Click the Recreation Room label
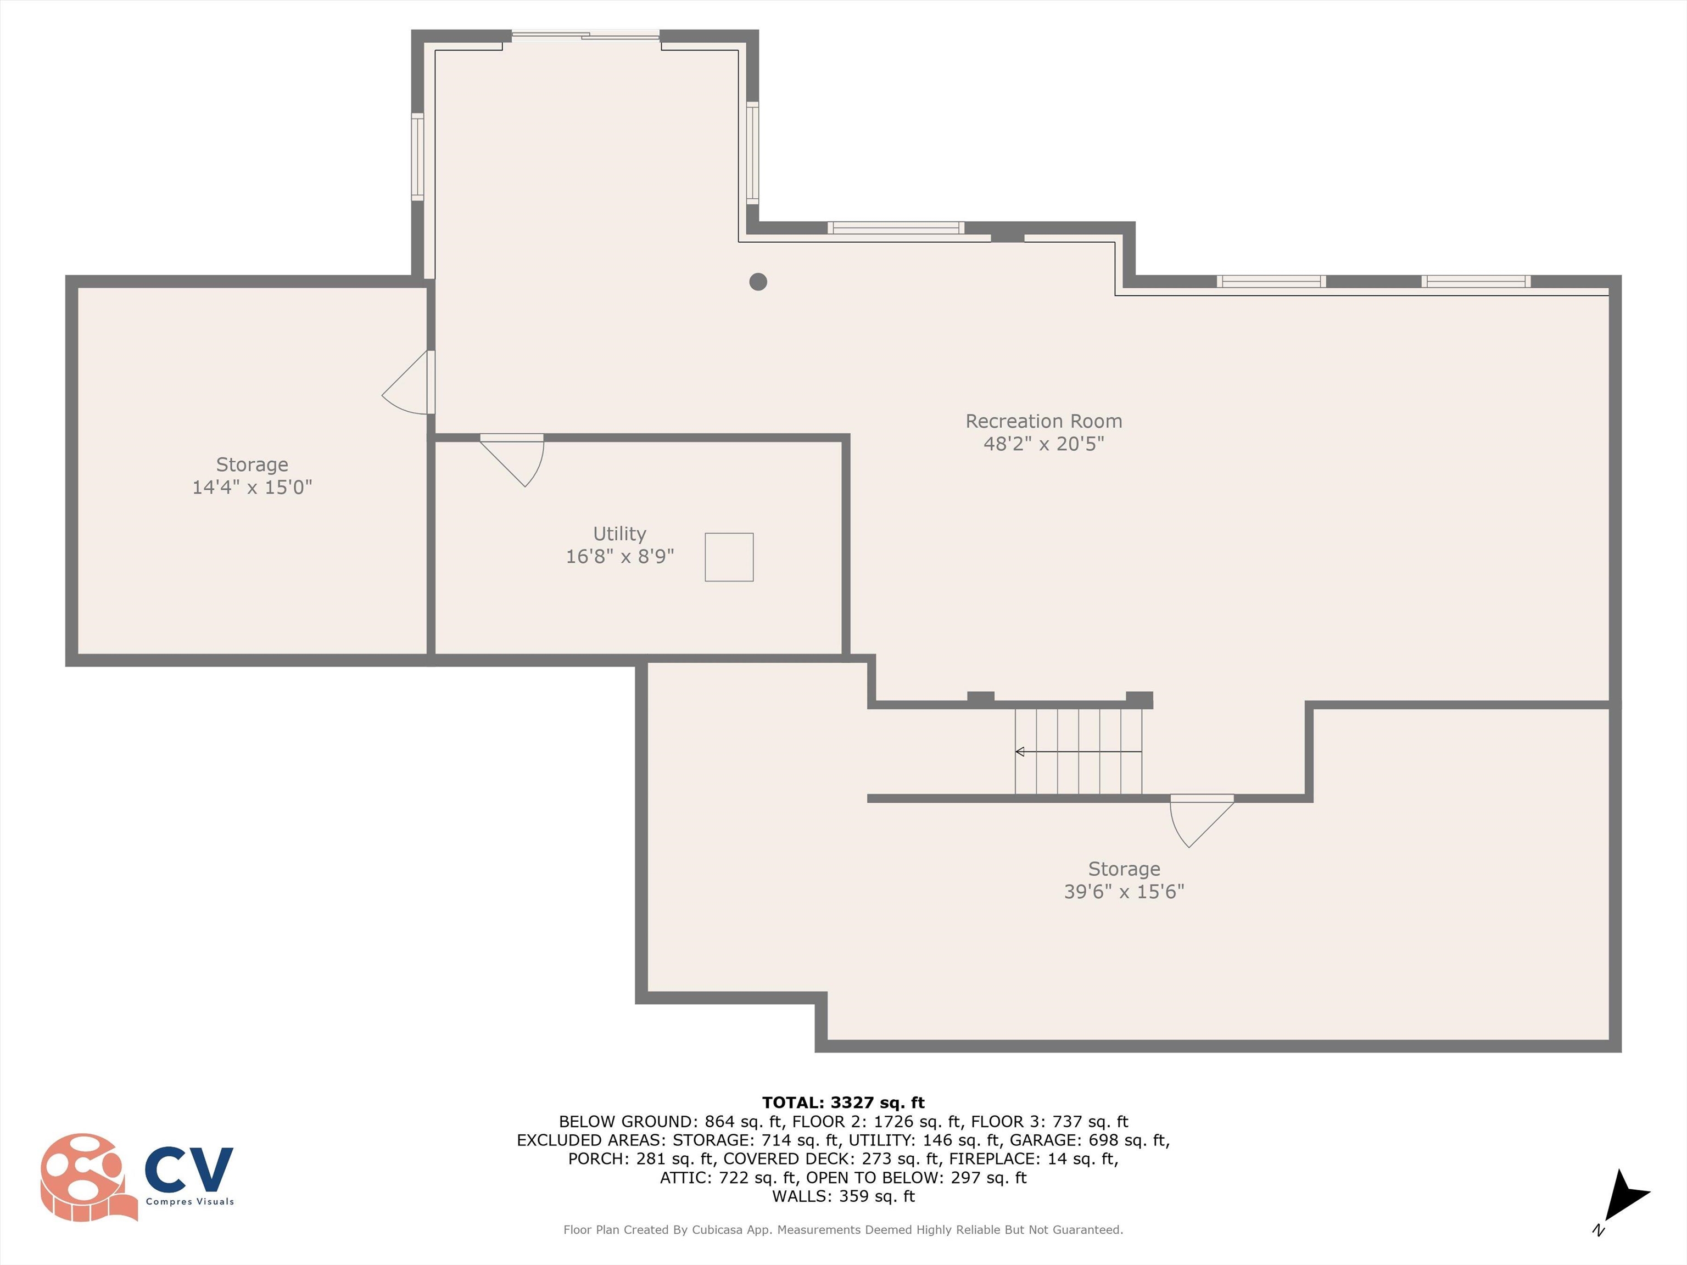click(x=1043, y=421)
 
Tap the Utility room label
click(x=619, y=534)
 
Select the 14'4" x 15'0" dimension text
click(x=253, y=487)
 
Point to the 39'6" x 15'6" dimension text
click(x=1124, y=891)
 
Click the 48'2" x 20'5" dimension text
click(x=1043, y=444)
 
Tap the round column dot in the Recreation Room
click(x=758, y=281)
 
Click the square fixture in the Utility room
click(x=729, y=557)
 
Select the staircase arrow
click(x=1079, y=752)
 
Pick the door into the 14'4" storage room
click(x=409, y=383)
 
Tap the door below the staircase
click(x=1202, y=821)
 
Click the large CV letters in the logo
click(x=189, y=1169)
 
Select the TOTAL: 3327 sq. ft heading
click(x=843, y=1102)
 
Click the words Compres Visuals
click(x=190, y=1202)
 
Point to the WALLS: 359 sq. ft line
click(x=843, y=1196)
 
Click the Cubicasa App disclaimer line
click(x=843, y=1230)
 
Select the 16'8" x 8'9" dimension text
click(x=620, y=557)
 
